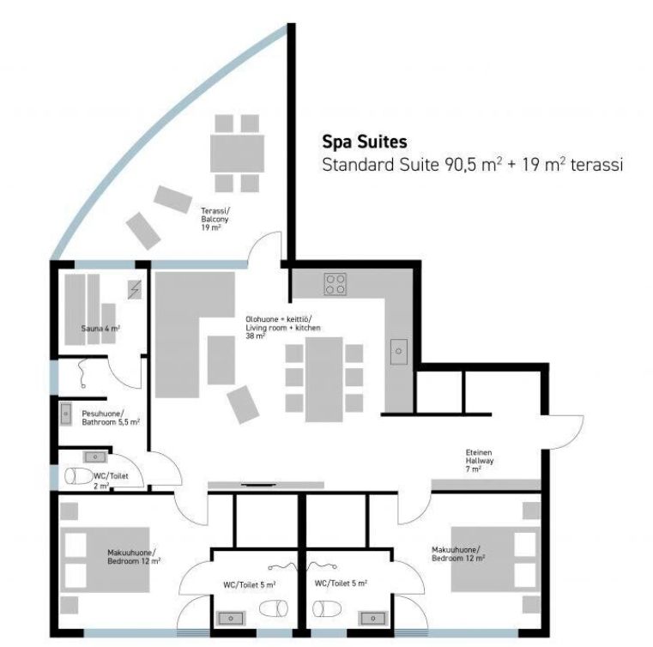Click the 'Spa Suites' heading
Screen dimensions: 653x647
(x=365, y=142)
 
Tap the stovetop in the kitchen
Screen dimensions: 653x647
(x=336, y=284)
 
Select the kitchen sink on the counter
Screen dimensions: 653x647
(x=398, y=352)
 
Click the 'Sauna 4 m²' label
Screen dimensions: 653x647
(x=100, y=329)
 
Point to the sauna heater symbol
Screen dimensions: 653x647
(x=135, y=289)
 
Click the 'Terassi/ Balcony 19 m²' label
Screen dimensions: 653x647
(x=215, y=220)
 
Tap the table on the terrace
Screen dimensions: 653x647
(x=237, y=154)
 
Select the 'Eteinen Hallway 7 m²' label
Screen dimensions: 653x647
(x=480, y=461)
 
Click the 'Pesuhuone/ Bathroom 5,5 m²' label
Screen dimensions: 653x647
(x=111, y=418)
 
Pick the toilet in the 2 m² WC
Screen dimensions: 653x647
(x=79, y=476)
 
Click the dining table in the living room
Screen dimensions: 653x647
(x=324, y=379)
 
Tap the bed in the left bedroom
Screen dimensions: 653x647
(x=105, y=559)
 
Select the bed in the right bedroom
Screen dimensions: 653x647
(x=496, y=559)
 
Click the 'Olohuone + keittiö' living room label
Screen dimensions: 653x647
(x=283, y=328)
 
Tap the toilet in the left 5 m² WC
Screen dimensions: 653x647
(x=274, y=608)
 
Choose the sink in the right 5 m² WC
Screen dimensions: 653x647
(x=372, y=619)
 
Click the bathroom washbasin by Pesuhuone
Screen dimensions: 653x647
(x=66, y=414)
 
